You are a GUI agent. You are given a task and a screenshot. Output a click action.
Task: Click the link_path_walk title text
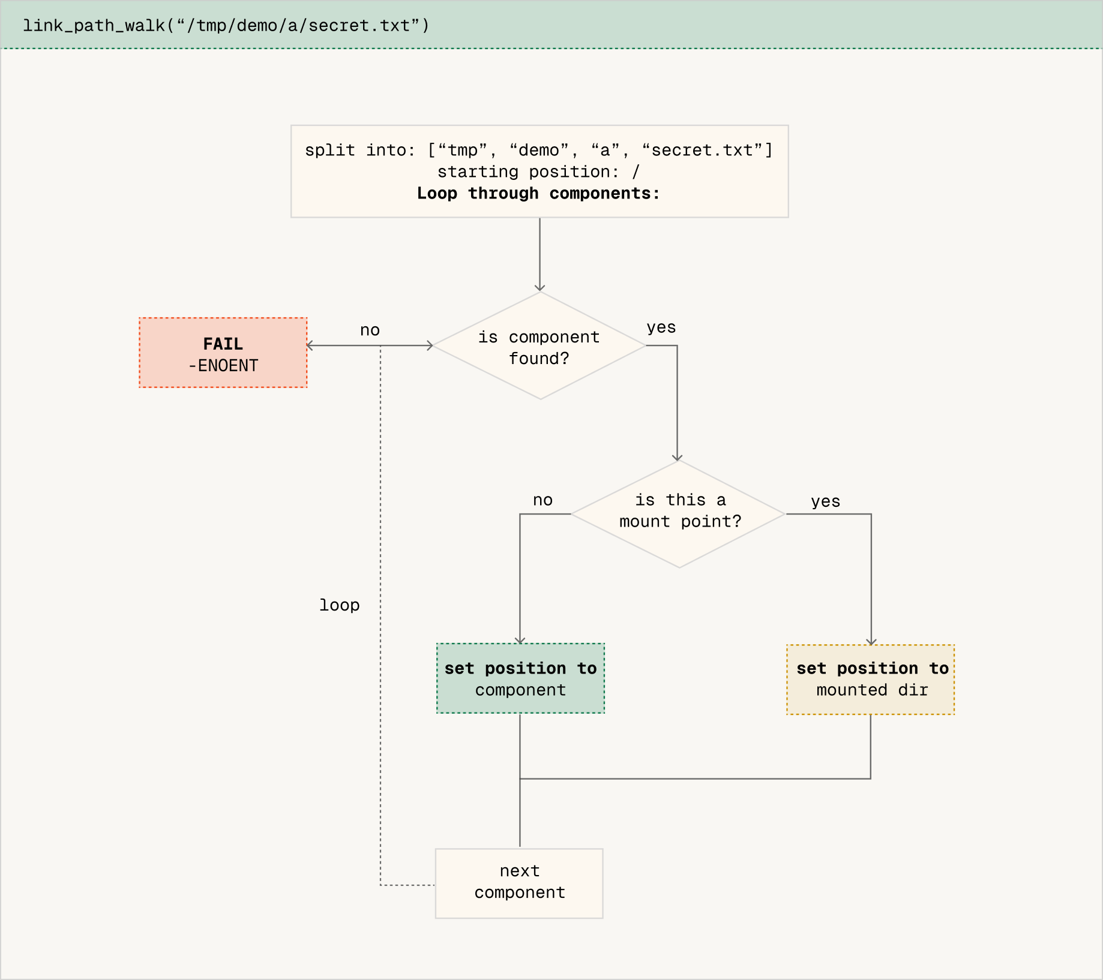[226, 26]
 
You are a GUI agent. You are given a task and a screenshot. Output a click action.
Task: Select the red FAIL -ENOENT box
[223, 353]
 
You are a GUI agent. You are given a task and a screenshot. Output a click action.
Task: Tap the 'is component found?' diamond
[539, 347]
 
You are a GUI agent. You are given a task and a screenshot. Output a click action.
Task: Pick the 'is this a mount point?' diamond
[679, 513]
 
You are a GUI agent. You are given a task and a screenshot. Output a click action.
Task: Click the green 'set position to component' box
[520, 679]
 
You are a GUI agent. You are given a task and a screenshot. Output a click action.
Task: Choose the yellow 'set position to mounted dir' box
[871, 680]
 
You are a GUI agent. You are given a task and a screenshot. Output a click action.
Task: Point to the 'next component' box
[519, 883]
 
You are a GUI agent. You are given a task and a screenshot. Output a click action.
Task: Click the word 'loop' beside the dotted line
[340, 605]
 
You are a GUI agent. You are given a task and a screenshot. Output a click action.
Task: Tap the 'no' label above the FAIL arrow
[370, 330]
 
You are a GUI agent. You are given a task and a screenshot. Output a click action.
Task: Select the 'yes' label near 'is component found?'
[661, 327]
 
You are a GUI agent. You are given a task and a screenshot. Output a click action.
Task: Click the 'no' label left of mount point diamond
[542, 500]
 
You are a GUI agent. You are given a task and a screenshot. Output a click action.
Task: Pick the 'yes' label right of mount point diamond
[825, 501]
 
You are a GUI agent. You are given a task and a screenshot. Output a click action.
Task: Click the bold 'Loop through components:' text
[538, 193]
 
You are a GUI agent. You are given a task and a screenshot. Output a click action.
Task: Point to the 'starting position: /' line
[538, 172]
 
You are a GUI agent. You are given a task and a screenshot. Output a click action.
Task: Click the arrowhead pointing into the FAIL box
[310, 345]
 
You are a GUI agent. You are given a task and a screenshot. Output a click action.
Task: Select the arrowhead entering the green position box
[520, 641]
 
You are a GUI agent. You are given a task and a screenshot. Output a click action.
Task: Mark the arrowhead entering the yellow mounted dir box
[871, 642]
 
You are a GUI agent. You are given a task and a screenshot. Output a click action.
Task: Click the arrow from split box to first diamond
[539, 255]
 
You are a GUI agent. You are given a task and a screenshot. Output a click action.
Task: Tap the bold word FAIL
[223, 344]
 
